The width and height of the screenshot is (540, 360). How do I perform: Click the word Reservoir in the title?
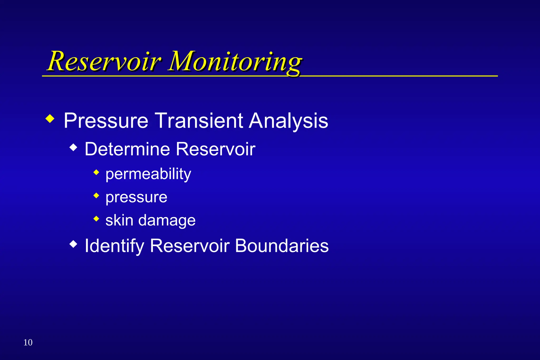pyautogui.click(x=104, y=61)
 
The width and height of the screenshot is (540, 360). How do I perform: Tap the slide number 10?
pyautogui.click(x=28, y=342)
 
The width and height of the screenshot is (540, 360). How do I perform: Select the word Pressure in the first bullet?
pyautogui.click(x=106, y=121)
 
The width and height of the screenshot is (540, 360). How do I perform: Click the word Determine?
pyautogui.click(x=127, y=149)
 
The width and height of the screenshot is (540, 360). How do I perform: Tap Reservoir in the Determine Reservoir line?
pyautogui.click(x=215, y=149)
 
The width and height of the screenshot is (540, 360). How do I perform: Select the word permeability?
pyautogui.click(x=148, y=174)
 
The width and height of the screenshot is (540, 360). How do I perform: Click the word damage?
pyautogui.click(x=167, y=221)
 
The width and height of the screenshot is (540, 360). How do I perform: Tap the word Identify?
pyautogui.click(x=114, y=246)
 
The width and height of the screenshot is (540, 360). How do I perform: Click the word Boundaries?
pyautogui.click(x=282, y=246)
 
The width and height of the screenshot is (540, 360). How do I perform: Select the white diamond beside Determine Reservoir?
pyautogui.click(x=74, y=147)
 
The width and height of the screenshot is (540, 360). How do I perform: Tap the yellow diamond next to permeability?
pyautogui.click(x=96, y=172)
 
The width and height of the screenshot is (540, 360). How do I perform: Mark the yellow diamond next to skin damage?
pyautogui.click(x=96, y=219)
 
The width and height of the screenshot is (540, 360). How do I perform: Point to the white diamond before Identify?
pyautogui.click(x=74, y=244)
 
